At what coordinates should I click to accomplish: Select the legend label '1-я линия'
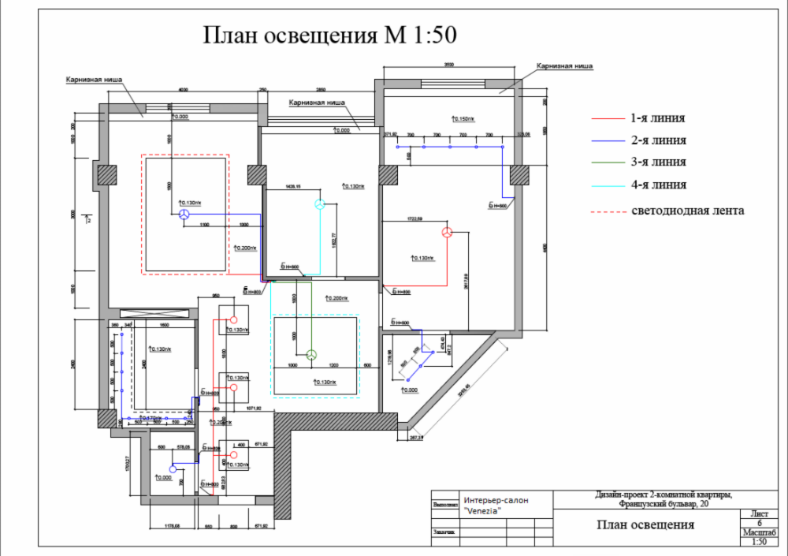point(657,118)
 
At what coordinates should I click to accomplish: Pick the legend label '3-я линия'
point(657,162)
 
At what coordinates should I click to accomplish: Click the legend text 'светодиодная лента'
point(687,211)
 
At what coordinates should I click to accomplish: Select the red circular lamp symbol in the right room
point(446,232)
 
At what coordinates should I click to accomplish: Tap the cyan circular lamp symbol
point(320,204)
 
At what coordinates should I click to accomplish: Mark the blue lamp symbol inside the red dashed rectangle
point(183,214)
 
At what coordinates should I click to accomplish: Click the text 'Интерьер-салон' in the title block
point(496,501)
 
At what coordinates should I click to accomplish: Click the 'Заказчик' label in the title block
point(446,533)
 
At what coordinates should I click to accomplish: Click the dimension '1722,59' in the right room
point(416,218)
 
